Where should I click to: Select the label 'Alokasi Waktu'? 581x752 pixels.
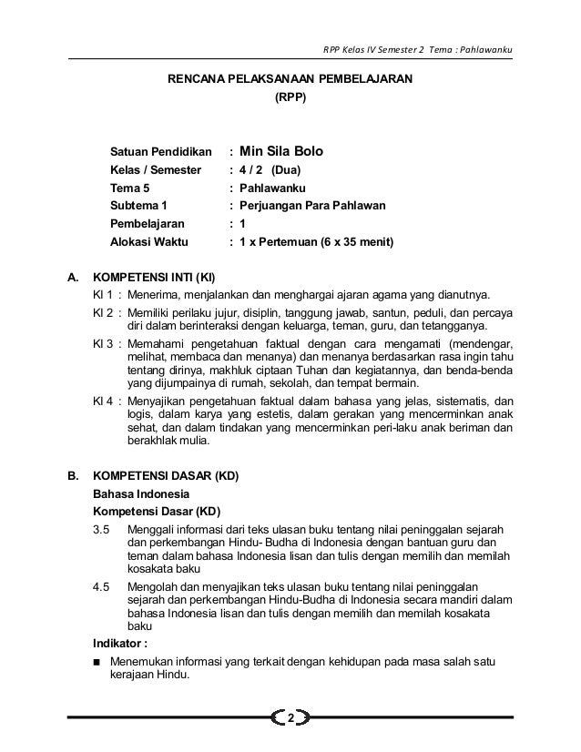[x=148, y=243]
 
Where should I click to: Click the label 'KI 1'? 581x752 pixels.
[x=102, y=296]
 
